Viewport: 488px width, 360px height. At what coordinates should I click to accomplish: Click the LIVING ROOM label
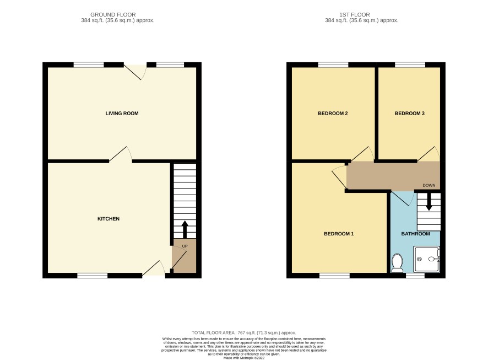click(x=122, y=114)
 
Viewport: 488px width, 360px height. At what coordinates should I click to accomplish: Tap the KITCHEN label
click(x=109, y=219)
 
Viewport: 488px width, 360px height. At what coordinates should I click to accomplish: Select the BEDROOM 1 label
click(x=339, y=234)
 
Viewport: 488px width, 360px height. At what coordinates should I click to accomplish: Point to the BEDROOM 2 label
click(x=333, y=114)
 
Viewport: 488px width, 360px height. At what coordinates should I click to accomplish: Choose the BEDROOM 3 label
click(x=410, y=114)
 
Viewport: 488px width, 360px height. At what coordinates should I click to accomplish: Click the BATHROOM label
click(x=415, y=234)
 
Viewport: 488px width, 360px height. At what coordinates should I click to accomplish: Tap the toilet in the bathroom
click(x=397, y=263)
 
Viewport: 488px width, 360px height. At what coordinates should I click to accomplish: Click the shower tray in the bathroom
click(x=426, y=259)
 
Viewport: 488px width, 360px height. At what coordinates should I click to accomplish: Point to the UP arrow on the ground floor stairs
click(x=185, y=229)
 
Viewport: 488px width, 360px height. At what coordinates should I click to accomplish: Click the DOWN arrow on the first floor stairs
click(x=429, y=202)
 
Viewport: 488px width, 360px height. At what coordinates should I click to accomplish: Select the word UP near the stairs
click(x=185, y=246)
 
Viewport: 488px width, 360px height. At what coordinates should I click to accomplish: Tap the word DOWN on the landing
click(x=429, y=185)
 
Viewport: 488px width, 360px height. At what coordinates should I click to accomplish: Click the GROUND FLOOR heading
click(x=113, y=15)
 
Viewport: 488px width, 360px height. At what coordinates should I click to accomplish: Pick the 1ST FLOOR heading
click(x=355, y=15)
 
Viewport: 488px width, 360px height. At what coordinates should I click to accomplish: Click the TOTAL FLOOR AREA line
click(x=243, y=333)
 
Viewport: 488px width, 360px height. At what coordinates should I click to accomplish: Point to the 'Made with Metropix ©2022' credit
click(x=243, y=358)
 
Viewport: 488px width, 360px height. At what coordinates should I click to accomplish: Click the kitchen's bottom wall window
click(x=93, y=275)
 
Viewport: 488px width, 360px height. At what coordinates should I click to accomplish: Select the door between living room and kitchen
click(x=121, y=154)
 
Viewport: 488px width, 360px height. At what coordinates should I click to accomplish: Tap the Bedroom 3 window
click(x=410, y=65)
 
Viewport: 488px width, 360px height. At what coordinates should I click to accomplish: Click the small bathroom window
click(x=415, y=275)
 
